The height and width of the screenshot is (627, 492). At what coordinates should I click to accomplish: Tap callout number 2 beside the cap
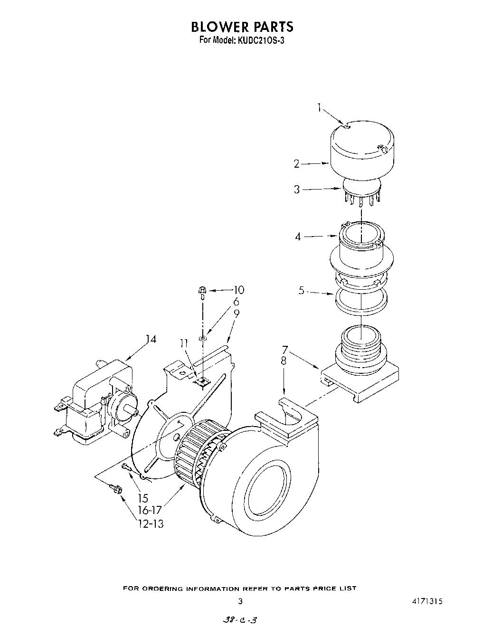(x=297, y=164)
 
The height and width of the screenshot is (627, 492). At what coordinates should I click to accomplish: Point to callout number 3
(x=297, y=190)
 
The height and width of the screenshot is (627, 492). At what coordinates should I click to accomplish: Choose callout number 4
(x=298, y=236)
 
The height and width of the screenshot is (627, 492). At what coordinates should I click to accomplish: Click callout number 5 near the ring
(x=301, y=291)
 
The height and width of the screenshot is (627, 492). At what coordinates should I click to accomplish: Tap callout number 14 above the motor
(x=151, y=339)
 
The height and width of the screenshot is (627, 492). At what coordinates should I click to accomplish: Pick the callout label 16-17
(x=150, y=511)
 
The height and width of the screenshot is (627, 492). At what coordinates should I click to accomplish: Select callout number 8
(x=284, y=361)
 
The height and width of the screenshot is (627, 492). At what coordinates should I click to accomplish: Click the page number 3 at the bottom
(x=240, y=601)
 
